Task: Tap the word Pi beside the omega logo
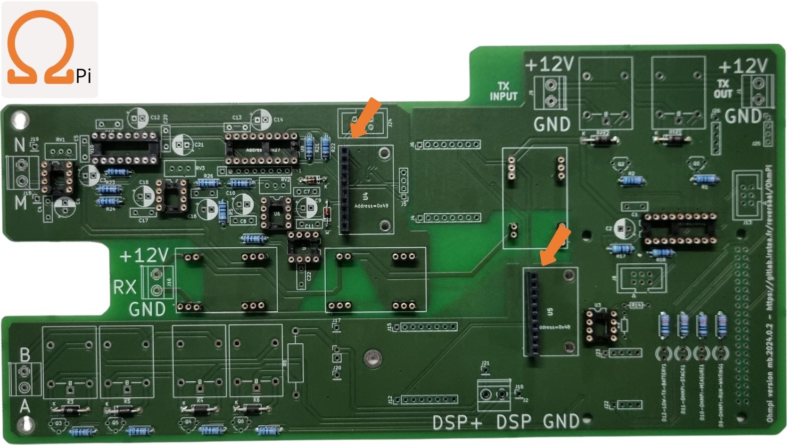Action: pos(83,75)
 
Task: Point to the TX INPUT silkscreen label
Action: pos(503,91)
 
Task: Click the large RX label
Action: pos(124,287)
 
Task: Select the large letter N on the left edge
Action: pos(19,145)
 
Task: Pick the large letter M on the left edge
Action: pos(21,203)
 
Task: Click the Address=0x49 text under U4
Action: pos(371,206)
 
